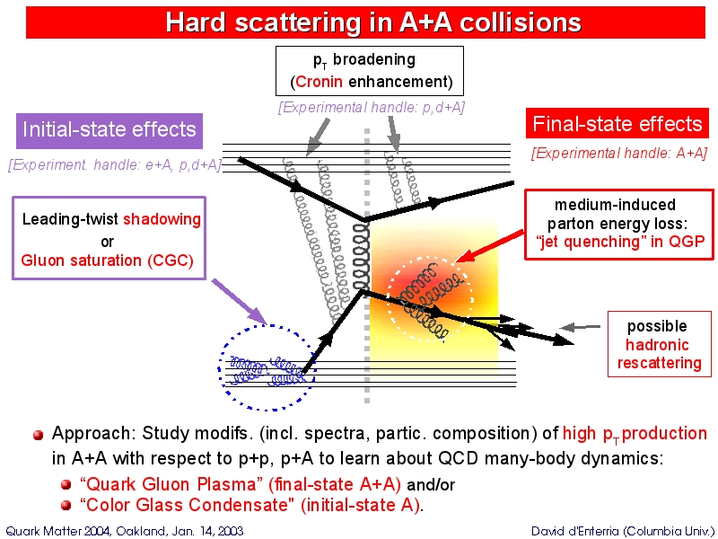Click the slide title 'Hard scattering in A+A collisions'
coord(372,22)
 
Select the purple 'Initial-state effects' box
coord(109,129)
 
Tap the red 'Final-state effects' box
coord(617,124)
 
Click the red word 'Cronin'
coord(319,83)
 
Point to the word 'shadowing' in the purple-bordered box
coord(162,219)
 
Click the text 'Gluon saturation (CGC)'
coord(107,261)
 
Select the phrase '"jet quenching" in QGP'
coord(620,241)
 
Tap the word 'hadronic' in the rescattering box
coord(658,345)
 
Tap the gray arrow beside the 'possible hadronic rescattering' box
coord(579,327)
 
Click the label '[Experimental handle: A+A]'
coord(619,154)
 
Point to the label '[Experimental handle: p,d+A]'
coord(372,107)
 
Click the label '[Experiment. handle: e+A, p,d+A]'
coord(115,165)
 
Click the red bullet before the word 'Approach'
coord(39,435)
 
